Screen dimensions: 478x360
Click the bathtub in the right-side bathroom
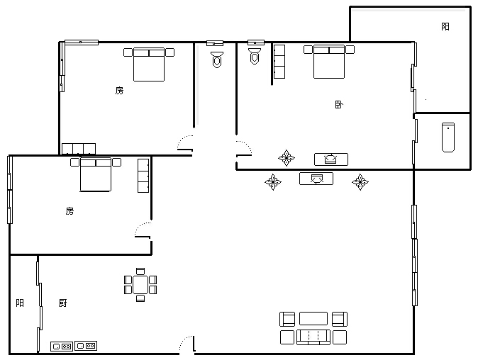click(448, 137)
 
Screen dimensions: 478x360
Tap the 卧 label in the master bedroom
click(339, 104)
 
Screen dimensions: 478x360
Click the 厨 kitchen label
click(63, 303)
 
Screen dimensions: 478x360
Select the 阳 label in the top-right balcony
click(445, 26)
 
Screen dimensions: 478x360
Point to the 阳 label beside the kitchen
click(20, 303)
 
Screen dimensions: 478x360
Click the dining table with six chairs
click(140, 285)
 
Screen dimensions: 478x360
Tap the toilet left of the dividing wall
click(217, 60)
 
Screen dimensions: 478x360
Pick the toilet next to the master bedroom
click(255, 57)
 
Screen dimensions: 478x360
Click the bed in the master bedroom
click(329, 62)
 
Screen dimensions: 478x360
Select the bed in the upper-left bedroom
click(149, 64)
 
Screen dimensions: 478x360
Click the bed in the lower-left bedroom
click(96, 174)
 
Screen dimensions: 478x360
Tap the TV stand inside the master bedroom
click(331, 159)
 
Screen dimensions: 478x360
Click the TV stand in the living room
click(316, 179)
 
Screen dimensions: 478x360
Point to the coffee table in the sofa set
click(313, 319)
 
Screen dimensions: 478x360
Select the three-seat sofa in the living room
click(313, 337)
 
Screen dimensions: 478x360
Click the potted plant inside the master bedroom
click(287, 158)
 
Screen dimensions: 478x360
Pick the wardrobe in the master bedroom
click(279, 62)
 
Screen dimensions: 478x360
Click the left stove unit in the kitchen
click(62, 347)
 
